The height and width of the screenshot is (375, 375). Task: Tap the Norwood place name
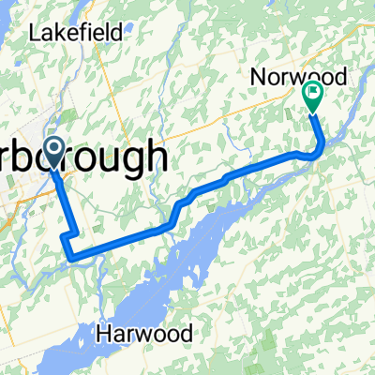pyautogui.click(x=299, y=77)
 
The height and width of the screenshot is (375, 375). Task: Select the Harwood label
pyautogui.click(x=147, y=333)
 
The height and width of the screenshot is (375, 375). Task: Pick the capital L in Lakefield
pyautogui.click(x=34, y=33)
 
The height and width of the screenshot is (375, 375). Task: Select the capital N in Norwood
pyautogui.click(x=257, y=77)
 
